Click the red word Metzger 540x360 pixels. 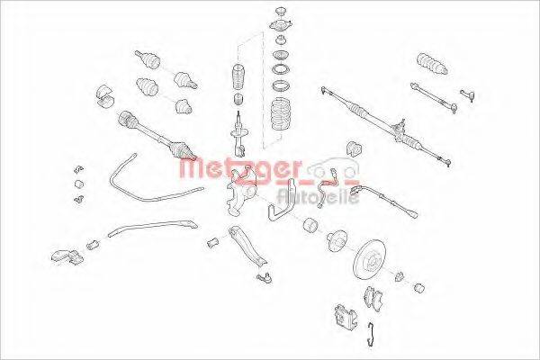coord(239,167)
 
